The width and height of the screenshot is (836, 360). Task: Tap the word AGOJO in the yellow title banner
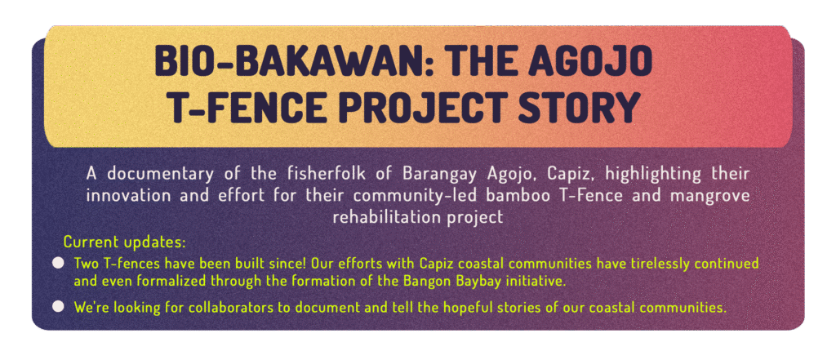594,63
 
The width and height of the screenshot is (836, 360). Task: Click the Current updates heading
125,242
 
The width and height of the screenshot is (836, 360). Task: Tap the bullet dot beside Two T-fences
59,264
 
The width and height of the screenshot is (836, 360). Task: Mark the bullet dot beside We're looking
59,306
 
